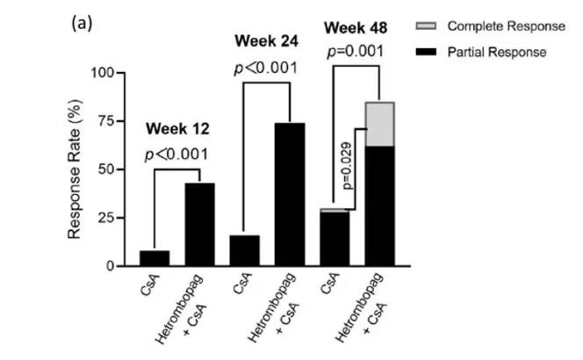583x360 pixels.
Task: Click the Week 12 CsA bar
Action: tap(155, 258)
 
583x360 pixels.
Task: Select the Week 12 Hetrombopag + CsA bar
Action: tap(199, 224)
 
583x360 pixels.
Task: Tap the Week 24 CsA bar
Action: tap(245, 250)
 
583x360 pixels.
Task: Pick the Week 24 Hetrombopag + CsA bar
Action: tap(290, 194)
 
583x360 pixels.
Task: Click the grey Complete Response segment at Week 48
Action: tap(379, 124)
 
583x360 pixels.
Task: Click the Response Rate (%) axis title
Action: tap(76, 169)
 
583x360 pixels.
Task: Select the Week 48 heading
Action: tap(356, 26)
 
